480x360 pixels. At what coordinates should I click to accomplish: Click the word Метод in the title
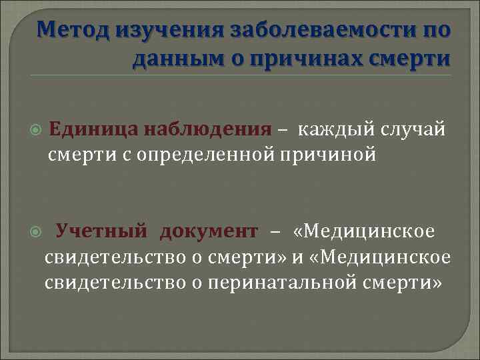click(73, 31)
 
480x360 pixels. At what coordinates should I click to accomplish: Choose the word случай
click(413, 128)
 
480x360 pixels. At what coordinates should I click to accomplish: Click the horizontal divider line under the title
click(240, 75)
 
